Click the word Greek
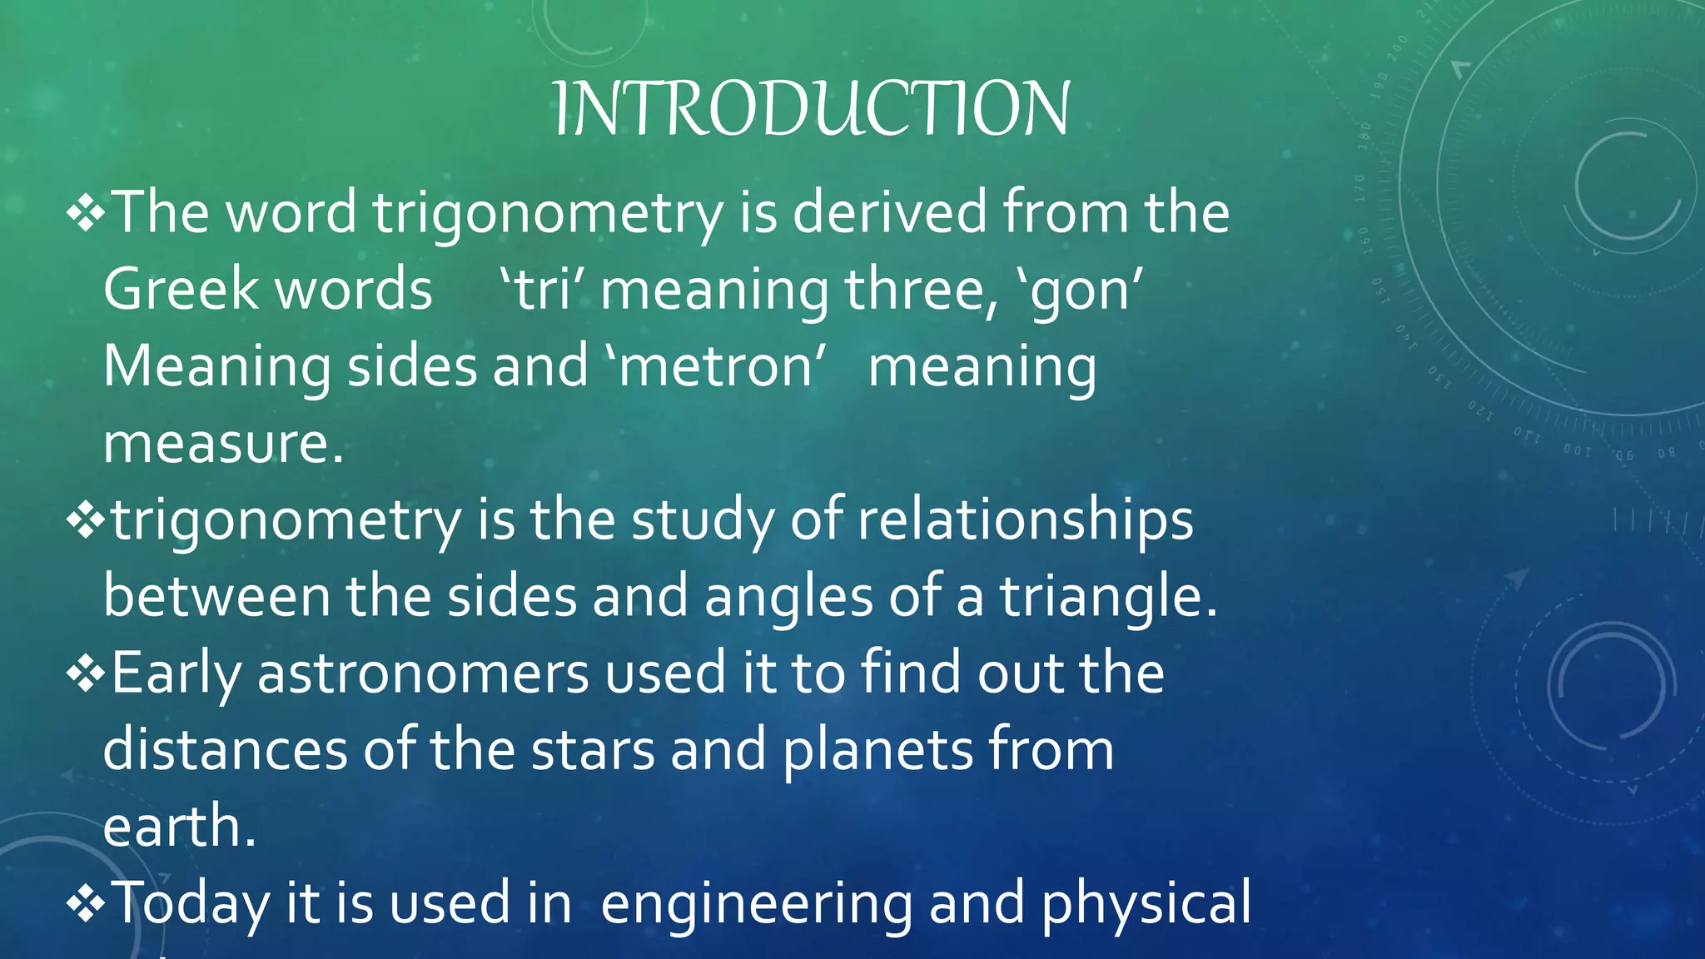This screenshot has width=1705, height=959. point(181,290)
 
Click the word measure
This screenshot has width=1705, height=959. point(223,444)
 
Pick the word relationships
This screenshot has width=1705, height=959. point(1025,521)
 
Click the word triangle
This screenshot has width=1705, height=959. point(1107,598)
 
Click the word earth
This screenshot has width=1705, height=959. point(179,827)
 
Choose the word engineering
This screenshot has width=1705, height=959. point(756,904)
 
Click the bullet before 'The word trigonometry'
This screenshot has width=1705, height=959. point(86,214)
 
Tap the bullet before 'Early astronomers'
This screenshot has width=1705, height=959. point(86,674)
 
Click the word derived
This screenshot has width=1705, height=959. point(889,212)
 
